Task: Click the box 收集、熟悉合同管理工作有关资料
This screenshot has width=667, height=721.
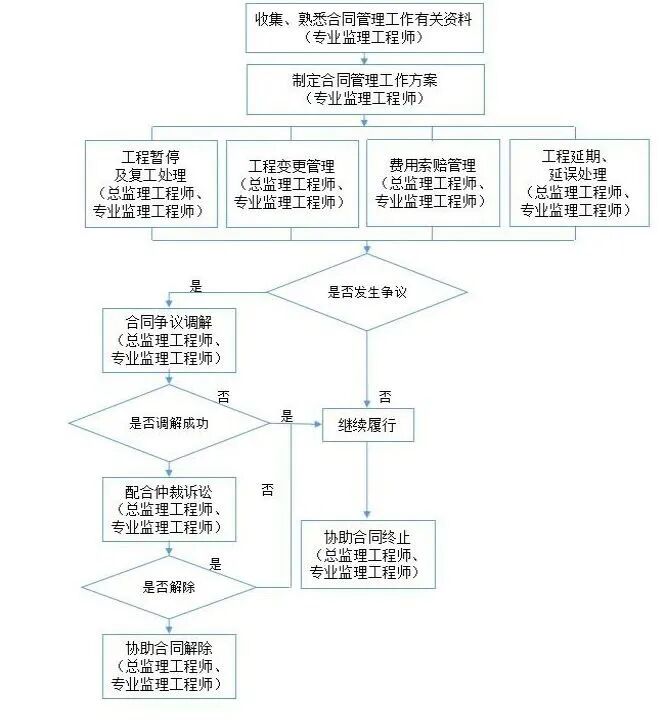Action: (x=364, y=28)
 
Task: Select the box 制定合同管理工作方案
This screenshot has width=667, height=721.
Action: (x=364, y=88)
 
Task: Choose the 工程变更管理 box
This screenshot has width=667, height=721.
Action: (x=291, y=183)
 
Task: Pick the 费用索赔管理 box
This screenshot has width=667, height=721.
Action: (x=432, y=183)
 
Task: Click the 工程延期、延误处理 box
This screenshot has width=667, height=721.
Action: (x=579, y=183)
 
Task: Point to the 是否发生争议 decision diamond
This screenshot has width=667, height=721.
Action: (x=367, y=293)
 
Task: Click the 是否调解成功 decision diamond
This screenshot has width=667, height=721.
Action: (x=168, y=422)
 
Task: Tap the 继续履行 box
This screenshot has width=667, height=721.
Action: (x=367, y=425)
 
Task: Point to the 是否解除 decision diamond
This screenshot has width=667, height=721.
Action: (x=168, y=587)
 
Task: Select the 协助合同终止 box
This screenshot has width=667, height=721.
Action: (x=368, y=551)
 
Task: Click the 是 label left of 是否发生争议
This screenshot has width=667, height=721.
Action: (x=195, y=286)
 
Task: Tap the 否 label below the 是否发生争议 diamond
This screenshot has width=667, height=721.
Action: (x=384, y=396)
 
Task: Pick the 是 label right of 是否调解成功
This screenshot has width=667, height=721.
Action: (x=287, y=416)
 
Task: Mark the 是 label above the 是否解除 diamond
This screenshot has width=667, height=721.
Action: (x=215, y=564)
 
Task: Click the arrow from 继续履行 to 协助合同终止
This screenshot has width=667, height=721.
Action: (x=367, y=480)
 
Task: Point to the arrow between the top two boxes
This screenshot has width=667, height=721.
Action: (x=364, y=59)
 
